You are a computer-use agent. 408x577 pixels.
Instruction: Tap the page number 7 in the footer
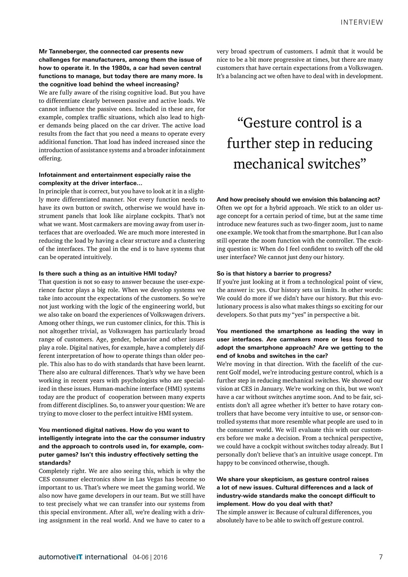[380, 557]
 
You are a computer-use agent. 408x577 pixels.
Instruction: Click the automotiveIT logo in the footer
[83, 557]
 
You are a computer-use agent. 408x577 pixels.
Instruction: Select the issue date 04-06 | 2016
[150, 557]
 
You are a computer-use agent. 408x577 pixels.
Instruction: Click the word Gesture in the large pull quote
[272, 123]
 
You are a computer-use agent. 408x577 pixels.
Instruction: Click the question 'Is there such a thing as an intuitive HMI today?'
[108, 273]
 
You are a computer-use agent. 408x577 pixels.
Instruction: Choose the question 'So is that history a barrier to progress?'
[274, 273]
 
